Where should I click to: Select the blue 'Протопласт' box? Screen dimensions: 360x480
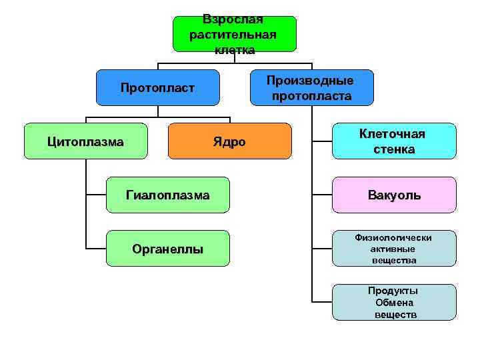(x=158, y=87)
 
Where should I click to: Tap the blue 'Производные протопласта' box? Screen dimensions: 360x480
(x=312, y=87)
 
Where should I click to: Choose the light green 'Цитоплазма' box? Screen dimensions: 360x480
(x=85, y=141)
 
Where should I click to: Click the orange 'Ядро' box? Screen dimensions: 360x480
(x=230, y=141)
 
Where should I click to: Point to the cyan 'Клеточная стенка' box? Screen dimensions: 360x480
(x=394, y=141)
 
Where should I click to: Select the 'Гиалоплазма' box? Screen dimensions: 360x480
(x=168, y=195)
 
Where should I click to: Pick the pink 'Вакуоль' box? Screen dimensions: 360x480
(x=394, y=195)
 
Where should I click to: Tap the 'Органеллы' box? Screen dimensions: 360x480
(x=168, y=249)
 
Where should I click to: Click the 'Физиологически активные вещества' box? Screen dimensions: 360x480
(x=394, y=249)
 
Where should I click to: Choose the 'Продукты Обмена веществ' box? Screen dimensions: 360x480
(x=394, y=302)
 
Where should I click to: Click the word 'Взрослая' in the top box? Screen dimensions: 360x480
(x=233, y=19)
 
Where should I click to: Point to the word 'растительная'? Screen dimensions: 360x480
(x=233, y=35)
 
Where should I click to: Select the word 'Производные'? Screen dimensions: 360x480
(x=311, y=81)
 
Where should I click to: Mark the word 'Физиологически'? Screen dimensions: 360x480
(x=393, y=238)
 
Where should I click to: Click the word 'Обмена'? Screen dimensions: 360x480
(x=394, y=302)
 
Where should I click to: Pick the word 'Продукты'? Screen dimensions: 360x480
(x=393, y=291)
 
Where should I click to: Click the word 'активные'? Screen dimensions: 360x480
(x=393, y=249)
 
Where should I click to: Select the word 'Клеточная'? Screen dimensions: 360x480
(x=392, y=134)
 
